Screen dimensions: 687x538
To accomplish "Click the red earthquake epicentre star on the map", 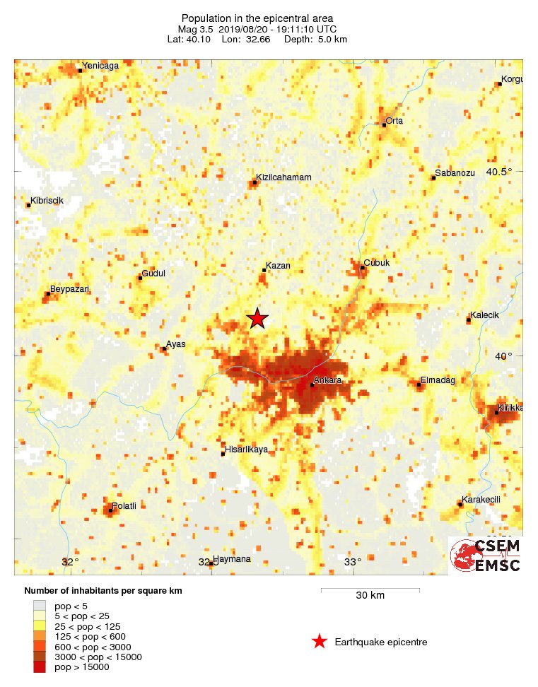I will point(257,319).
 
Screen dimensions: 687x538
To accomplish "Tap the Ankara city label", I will point(329,381).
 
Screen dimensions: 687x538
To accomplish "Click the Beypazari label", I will point(69,288).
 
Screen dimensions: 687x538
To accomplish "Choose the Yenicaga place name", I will point(100,66).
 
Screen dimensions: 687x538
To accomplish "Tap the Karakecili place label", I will point(481,500).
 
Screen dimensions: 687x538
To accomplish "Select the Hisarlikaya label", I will point(247,450).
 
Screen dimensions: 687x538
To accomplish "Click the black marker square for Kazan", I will point(264,270).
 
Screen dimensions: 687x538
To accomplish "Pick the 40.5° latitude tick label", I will point(498,172).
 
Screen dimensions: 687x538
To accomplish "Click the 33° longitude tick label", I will point(353,563).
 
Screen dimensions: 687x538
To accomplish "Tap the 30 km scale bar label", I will point(370,596).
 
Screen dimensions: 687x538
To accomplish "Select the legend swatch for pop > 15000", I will point(40,667).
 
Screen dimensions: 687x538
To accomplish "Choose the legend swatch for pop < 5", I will point(40,606).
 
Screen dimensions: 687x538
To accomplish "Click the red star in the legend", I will point(320,642).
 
